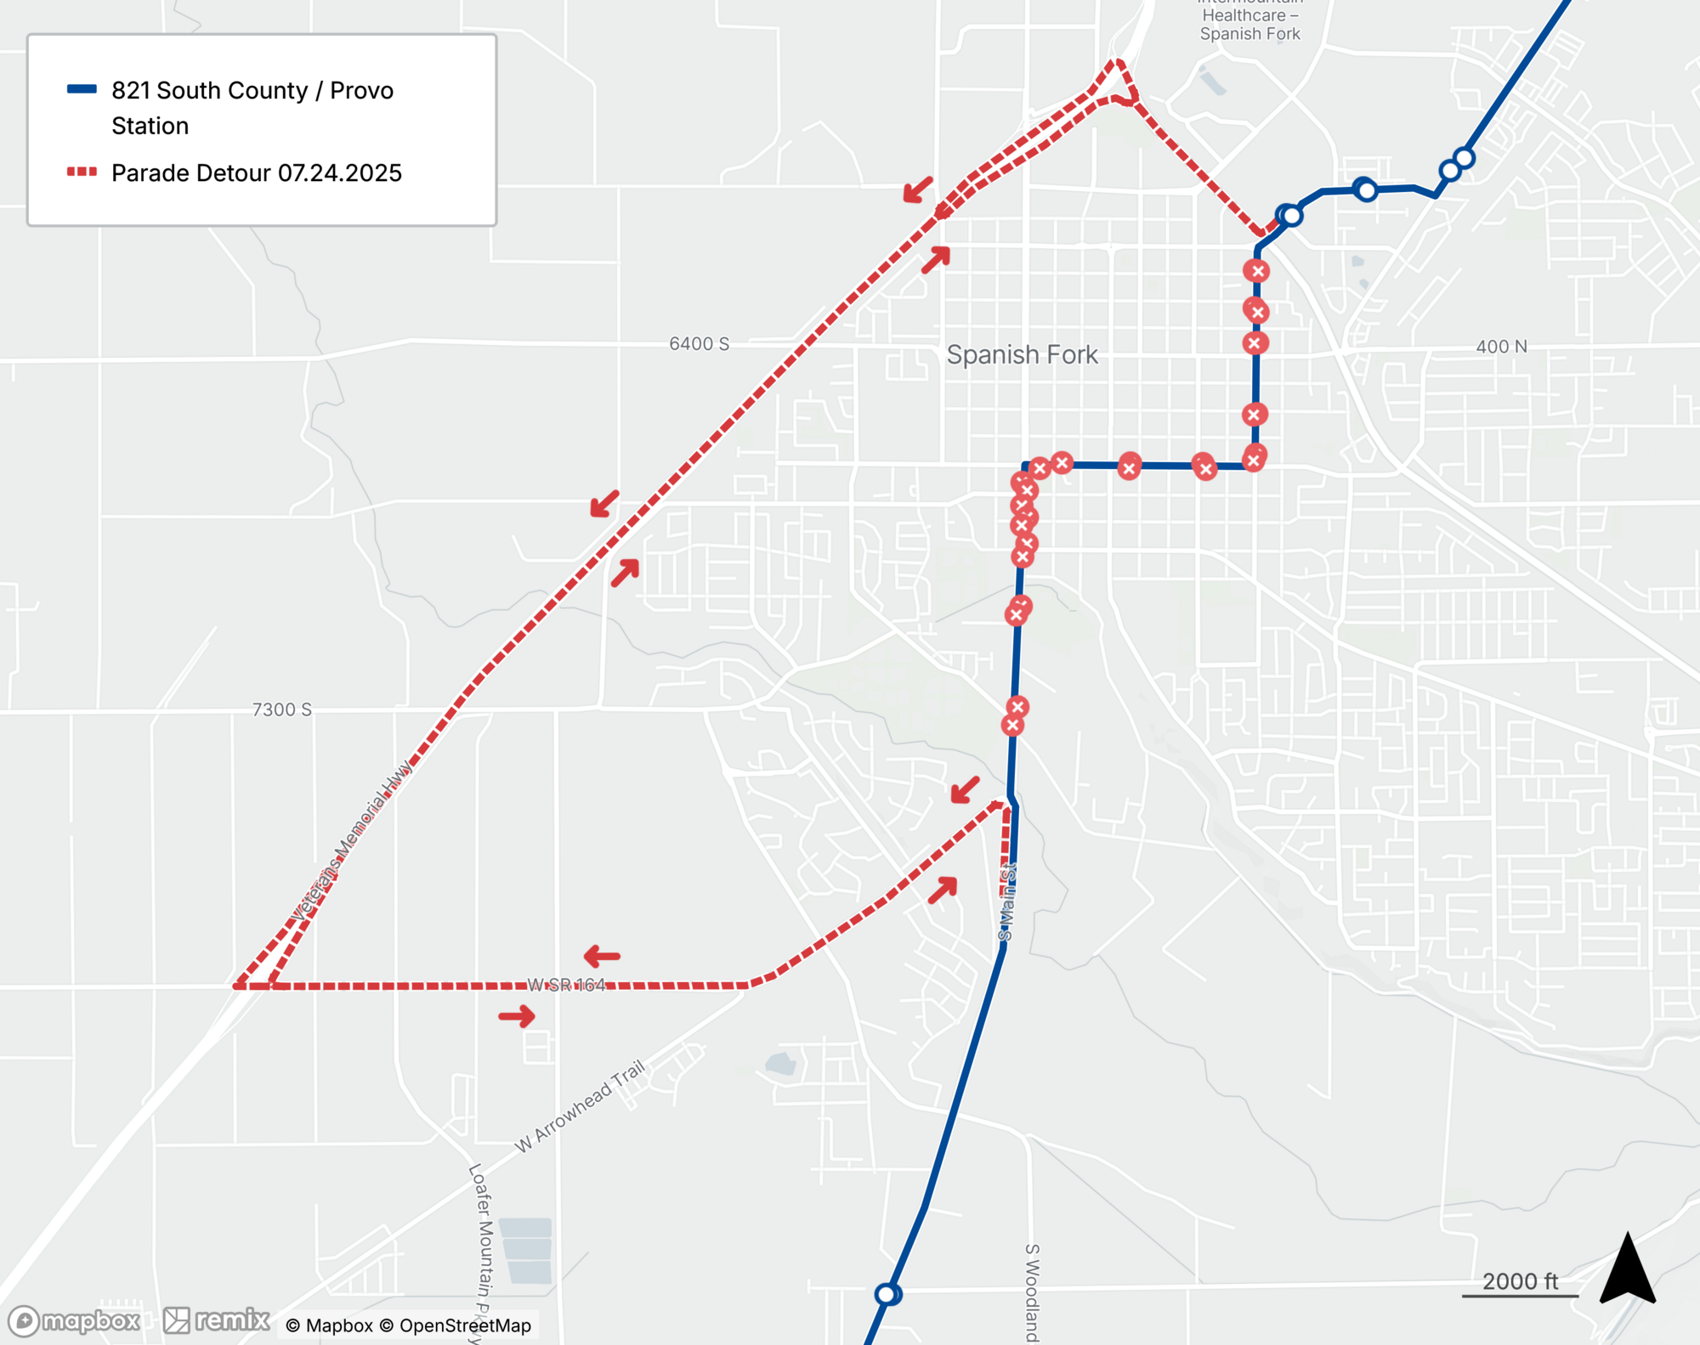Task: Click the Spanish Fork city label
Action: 1022,354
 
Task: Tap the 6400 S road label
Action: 699,343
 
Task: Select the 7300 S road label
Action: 281,709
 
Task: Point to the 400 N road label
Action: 1501,347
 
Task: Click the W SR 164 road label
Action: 566,985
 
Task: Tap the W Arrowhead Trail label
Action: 580,1106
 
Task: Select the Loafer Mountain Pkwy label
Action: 482,1249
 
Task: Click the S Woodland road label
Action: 1031,1291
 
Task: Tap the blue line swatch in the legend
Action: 82,89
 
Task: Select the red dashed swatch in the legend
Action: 82,172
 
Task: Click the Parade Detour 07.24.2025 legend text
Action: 256,173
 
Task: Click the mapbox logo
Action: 74,1320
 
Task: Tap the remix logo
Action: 217,1320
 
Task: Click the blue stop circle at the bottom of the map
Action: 887,1294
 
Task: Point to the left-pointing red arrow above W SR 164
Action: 602,957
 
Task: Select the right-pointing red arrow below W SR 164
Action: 517,1016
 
